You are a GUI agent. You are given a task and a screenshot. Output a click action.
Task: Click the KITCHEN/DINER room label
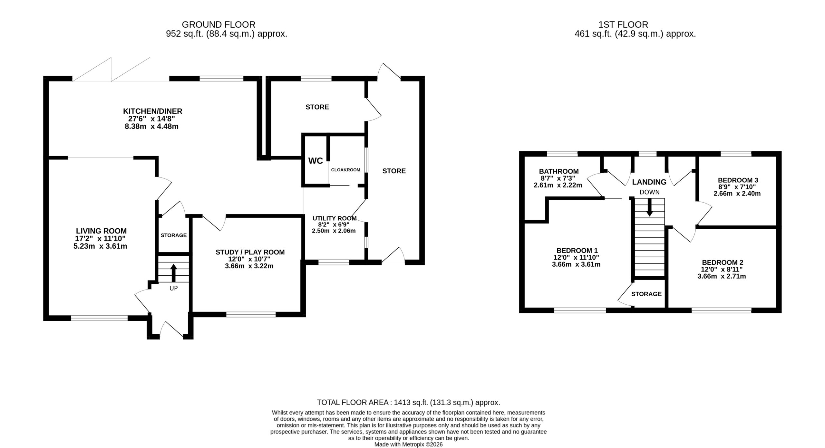pos(152,111)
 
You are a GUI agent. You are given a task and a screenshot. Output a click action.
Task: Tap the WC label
pos(315,161)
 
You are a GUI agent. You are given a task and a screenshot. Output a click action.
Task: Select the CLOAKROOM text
pos(345,170)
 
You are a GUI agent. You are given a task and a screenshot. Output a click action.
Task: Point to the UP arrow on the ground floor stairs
pos(173,272)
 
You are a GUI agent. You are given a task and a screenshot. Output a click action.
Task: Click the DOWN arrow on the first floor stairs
pos(649,207)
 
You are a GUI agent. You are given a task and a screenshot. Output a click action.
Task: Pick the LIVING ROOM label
pos(101,231)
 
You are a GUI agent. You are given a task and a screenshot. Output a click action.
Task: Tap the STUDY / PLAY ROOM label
pos(250,252)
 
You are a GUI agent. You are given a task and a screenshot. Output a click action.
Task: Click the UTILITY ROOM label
pos(335,218)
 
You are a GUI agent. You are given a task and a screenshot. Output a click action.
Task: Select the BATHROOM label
pos(559,171)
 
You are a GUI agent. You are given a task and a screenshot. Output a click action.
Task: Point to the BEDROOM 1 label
pos(577,250)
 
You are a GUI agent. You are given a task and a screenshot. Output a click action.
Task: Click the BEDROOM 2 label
pos(723,262)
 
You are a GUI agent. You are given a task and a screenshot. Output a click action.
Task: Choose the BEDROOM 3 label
pos(738,180)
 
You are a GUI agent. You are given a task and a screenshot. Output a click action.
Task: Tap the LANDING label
pos(649,182)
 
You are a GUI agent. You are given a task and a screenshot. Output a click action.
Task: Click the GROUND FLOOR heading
pos(218,24)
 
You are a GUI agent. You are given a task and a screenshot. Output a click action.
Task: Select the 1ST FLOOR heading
pos(623,24)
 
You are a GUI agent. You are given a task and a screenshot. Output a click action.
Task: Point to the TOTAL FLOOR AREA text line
pos(409,402)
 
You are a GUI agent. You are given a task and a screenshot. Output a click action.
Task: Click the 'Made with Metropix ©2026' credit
pos(408,444)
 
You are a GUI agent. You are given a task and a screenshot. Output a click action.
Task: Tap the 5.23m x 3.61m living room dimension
pos(100,246)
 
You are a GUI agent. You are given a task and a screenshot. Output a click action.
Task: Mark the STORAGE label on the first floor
pos(646,294)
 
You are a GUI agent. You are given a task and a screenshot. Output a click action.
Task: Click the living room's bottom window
pos(99,318)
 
